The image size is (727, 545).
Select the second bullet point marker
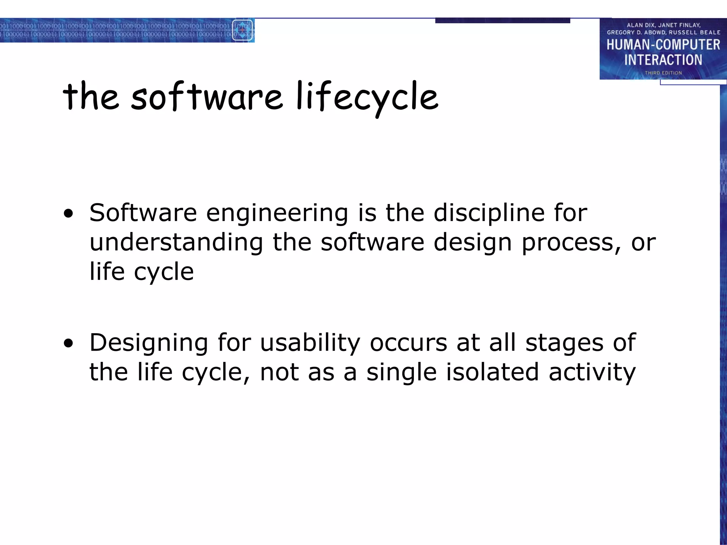point(69,343)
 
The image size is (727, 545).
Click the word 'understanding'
point(176,243)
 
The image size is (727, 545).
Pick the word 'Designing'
point(148,343)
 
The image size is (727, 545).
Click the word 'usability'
point(310,343)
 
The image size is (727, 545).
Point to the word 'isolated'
point(492,373)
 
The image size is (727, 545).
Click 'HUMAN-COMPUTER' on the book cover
point(663,45)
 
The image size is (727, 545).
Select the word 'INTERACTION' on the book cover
point(663,60)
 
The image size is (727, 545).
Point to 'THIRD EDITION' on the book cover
point(663,73)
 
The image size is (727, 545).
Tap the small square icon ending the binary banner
point(242,30)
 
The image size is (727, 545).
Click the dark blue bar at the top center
point(502,21)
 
